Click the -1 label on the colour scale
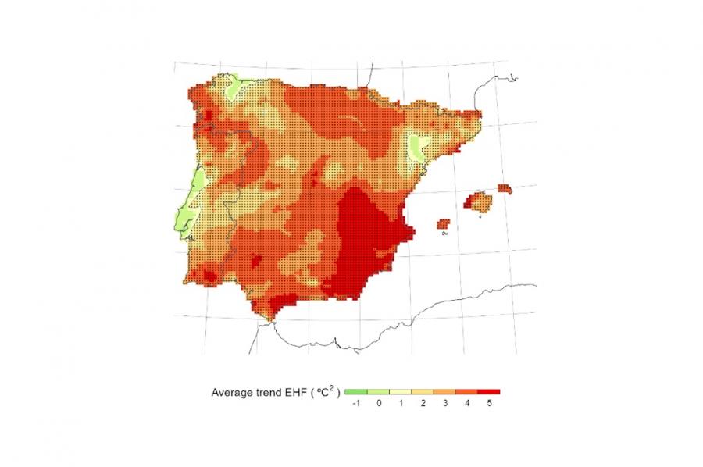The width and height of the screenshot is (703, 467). pos(355,404)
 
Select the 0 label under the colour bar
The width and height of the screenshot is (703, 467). pos(378,404)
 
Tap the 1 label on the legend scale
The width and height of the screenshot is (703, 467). pos(401,404)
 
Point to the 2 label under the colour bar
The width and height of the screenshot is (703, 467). pos(423,404)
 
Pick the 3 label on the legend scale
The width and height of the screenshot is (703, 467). pos(444,404)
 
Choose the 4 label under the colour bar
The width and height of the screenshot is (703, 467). pos(466,404)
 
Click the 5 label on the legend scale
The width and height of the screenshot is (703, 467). pos(488,404)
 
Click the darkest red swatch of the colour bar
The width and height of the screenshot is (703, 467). pos(488,392)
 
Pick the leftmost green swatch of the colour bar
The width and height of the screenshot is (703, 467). pos(355,392)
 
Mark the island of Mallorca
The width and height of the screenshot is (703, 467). pos(479,202)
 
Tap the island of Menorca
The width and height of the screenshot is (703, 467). pos(504,188)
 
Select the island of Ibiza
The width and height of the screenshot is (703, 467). pos(443,224)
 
